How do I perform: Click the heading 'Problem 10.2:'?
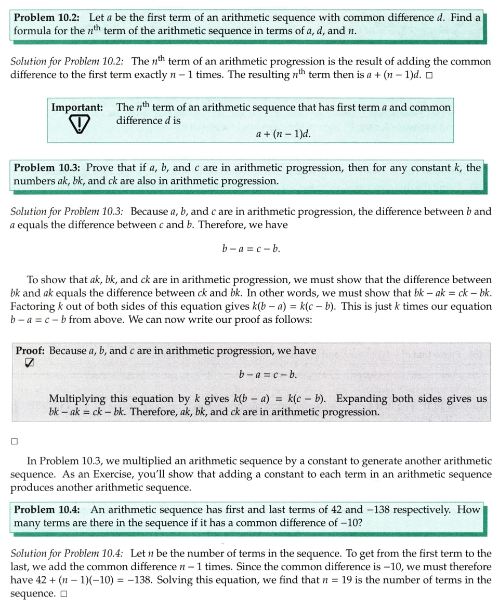(46, 17)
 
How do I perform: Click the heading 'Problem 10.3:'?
(46, 168)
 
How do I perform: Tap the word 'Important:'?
(77, 108)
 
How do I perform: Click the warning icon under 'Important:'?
(76, 125)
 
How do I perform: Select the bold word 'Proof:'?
(30, 350)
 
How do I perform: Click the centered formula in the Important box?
(284, 134)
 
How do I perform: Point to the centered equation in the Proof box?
(268, 374)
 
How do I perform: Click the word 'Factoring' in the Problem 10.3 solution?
(32, 306)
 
